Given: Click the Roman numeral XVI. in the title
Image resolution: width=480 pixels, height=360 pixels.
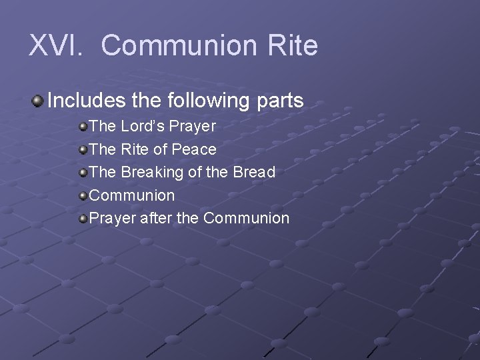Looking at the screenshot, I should [55, 46].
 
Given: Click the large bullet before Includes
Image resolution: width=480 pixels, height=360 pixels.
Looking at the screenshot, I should [38, 101].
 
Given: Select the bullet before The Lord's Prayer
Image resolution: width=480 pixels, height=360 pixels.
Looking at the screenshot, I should [83, 127].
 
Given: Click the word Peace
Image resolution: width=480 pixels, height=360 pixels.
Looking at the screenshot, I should [194, 149].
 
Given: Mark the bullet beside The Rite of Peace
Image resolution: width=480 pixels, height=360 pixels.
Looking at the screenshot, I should [83, 150].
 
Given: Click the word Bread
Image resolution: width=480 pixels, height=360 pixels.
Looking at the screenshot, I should [254, 172].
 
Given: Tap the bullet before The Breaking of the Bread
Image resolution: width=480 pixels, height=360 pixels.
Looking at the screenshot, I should [83, 173].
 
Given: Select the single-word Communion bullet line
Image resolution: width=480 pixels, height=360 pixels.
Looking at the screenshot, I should [132, 195].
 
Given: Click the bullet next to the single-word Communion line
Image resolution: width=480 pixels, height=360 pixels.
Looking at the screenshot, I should [83, 196].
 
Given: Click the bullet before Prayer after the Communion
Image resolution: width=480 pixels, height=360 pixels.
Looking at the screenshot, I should [83, 219].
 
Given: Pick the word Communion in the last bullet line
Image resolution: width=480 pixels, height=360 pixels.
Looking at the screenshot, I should [246, 218].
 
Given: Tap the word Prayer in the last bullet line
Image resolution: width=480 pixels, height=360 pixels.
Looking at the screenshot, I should [112, 219].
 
